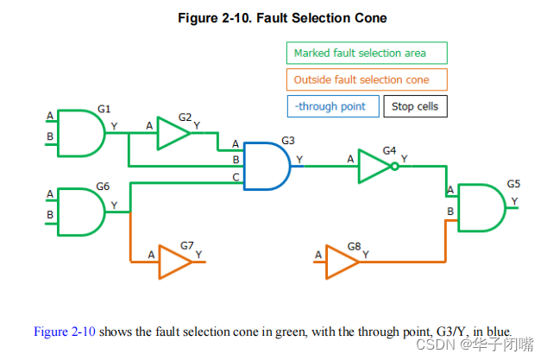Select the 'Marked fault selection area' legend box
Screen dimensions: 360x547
(x=367, y=54)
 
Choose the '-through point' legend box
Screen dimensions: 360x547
(x=333, y=107)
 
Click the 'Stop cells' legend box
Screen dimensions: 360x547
(x=415, y=107)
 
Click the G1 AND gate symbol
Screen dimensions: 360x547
(x=80, y=133)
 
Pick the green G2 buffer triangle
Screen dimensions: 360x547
(x=172, y=134)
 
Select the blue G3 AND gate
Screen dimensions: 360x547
(x=267, y=166)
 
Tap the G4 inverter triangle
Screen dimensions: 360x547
(x=374, y=166)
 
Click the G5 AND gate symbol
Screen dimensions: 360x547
(x=481, y=207)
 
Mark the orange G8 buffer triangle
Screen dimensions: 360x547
(x=342, y=262)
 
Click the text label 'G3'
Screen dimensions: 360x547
(x=288, y=139)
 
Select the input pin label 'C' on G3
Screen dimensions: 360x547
(x=236, y=177)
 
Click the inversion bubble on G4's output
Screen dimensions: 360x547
(x=395, y=166)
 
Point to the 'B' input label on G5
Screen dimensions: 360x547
(x=450, y=212)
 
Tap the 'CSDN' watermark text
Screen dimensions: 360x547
(x=440, y=344)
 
